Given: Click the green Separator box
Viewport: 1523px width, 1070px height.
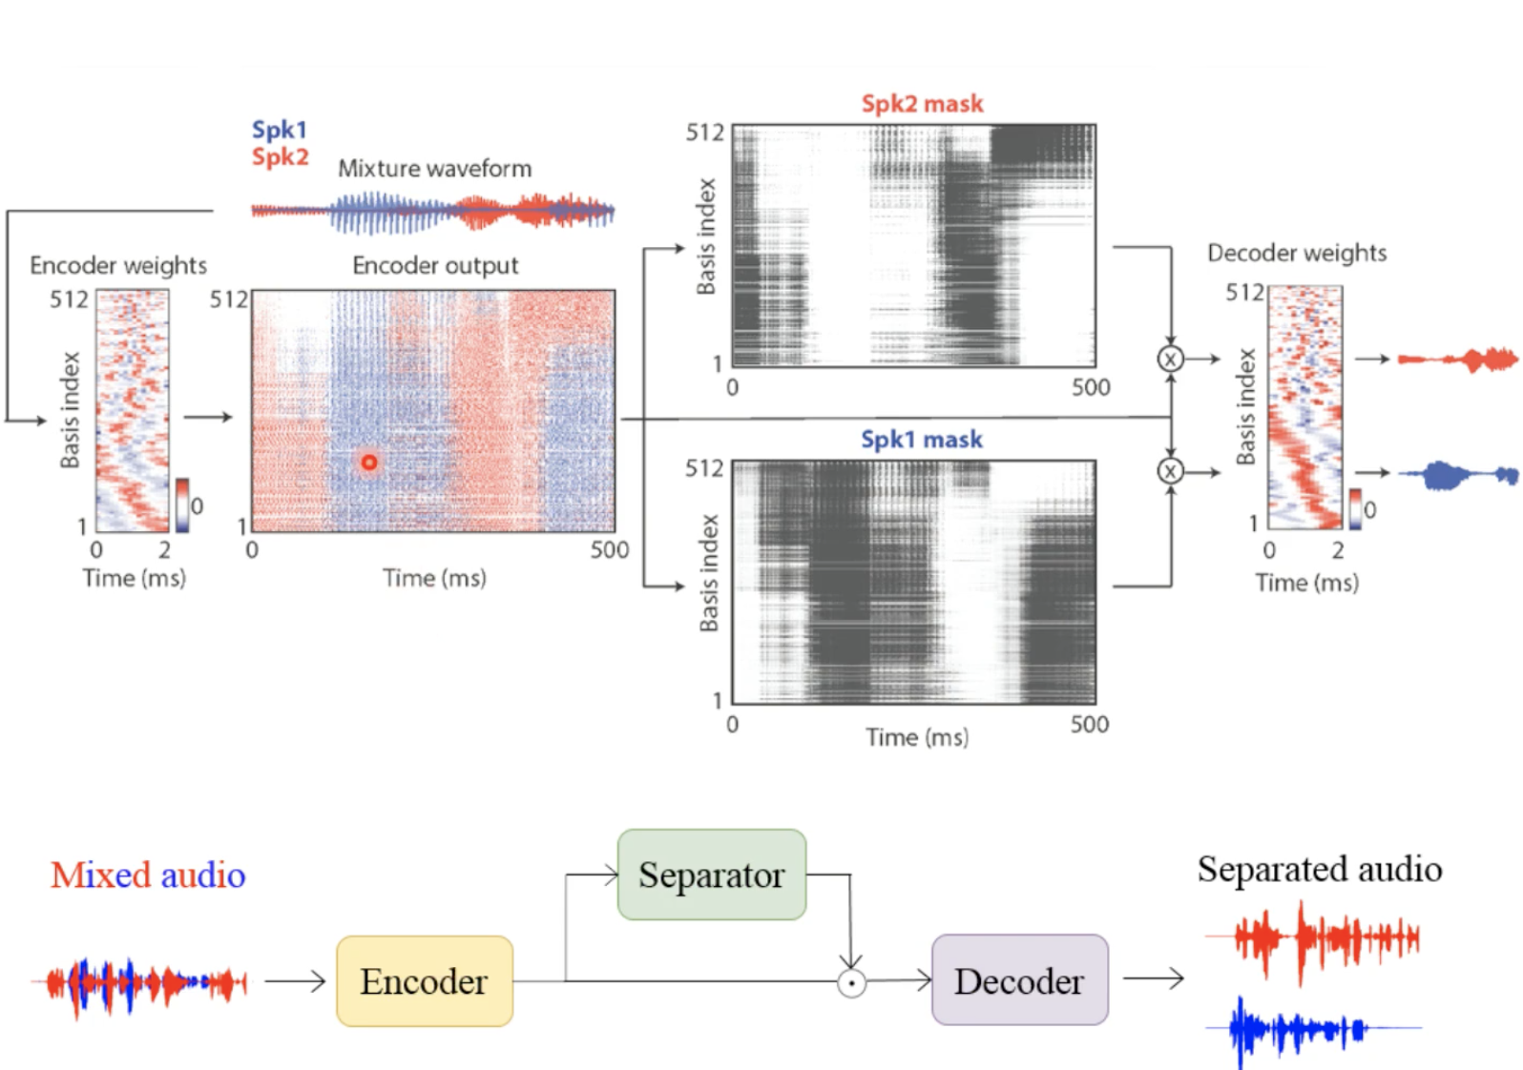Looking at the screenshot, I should coord(711,875).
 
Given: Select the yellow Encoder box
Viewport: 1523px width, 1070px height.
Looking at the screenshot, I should coord(425,981).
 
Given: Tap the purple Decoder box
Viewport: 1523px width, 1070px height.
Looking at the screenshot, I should coord(1019,980).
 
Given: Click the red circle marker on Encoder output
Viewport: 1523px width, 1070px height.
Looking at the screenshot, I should coord(369,463).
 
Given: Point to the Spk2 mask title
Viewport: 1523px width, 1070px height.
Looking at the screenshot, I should coord(922,104).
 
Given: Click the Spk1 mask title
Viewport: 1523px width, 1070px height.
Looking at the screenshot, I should coord(921,440).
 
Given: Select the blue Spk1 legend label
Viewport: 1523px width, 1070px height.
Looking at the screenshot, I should coord(279,130).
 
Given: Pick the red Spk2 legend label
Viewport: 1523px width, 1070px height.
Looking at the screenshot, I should coord(280,156).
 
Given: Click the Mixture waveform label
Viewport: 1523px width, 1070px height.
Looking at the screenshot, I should coord(434,169).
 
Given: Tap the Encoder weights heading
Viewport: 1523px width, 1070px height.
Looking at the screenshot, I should coord(118,265).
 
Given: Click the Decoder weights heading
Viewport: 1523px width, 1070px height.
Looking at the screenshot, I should coord(1297,253).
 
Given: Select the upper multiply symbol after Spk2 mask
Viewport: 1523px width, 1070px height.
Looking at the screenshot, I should coord(1170,360).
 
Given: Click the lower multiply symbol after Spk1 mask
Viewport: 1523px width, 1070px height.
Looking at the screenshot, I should coord(1170,471).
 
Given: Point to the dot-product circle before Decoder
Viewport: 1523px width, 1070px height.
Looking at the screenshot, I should coord(851,982).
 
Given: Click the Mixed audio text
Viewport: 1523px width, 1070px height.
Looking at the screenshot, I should coord(148,875).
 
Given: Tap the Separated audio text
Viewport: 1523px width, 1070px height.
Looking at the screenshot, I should coord(1320,869).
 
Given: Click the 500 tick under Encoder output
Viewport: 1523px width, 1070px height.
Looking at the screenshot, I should coord(609,550).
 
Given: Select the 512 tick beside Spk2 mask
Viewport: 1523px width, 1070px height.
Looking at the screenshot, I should coord(704,133).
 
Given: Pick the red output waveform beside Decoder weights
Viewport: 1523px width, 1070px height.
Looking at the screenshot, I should coord(1457,360).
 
